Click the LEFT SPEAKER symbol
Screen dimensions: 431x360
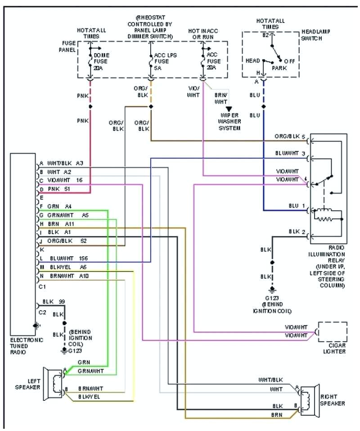[x=54, y=383]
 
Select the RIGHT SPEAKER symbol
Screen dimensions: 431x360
[x=309, y=399]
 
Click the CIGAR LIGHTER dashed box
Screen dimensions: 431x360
[x=333, y=332]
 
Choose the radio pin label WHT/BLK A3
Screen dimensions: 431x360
[x=65, y=163]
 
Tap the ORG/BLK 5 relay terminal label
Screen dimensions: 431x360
[x=290, y=136]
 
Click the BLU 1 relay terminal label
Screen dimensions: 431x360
[x=297, y=206]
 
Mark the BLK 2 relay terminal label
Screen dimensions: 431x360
[x=297, y=232]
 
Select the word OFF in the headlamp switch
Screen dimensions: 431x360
[x=289, y=60]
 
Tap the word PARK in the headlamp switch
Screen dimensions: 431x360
[x=279, y=68]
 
